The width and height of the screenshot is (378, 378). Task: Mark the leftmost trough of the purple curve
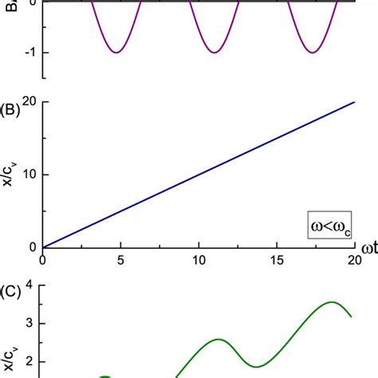[116, 53]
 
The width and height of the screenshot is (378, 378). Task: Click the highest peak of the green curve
[331, 302]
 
